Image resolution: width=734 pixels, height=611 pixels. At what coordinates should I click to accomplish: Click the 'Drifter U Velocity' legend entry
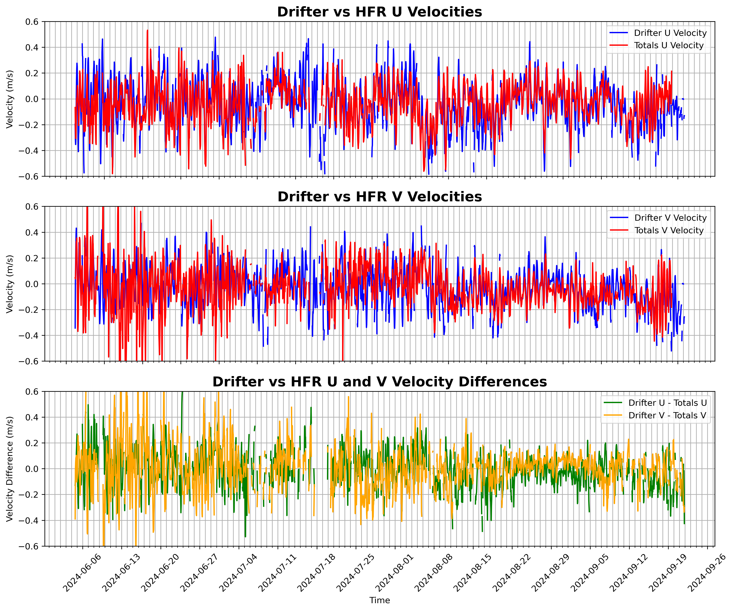click(x=670, y=33)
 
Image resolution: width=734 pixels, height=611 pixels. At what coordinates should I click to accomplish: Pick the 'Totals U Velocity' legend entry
click(x=668, y=46)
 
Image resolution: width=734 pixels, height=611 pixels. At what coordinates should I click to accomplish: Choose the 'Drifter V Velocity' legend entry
click(x=670, y=218)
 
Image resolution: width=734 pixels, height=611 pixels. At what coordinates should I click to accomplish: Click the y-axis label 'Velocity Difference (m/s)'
click(x=10, y=469)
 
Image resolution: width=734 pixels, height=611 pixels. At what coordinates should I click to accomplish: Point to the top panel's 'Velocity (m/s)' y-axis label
click(x=10, y=99)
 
